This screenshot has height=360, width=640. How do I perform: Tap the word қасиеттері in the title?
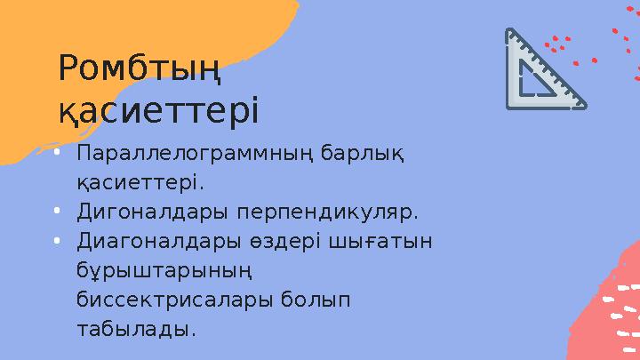click(158, 111)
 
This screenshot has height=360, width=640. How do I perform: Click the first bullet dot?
click(56, 154)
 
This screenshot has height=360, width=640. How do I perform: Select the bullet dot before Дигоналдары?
click(56, 212)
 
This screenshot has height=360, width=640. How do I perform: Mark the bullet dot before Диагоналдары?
click(56, 242)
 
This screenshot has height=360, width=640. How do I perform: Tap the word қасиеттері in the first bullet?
click(140, 184)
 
